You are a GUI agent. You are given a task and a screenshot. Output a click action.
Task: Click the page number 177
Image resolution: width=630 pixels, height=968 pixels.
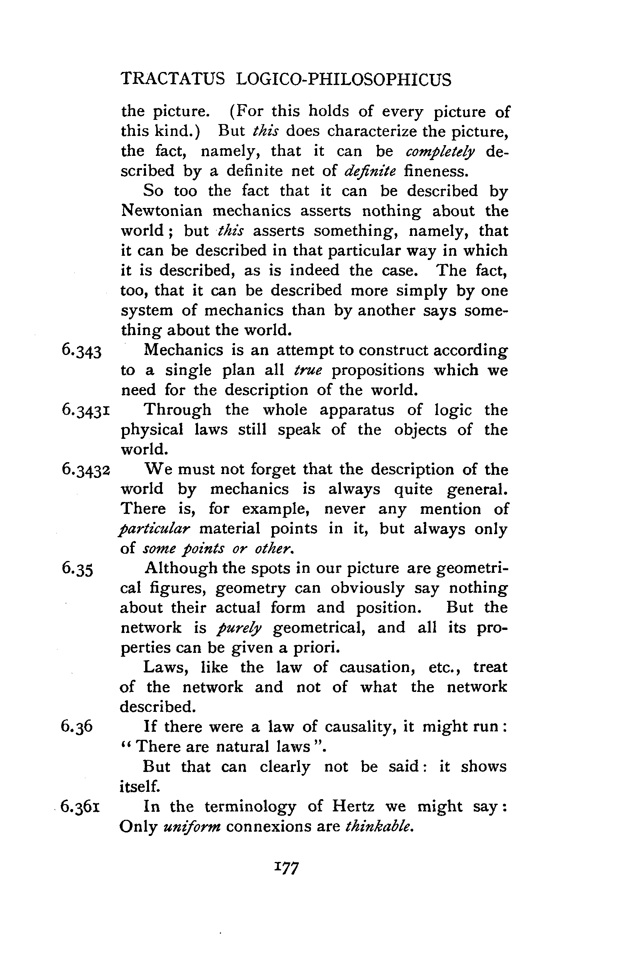pos(287,867)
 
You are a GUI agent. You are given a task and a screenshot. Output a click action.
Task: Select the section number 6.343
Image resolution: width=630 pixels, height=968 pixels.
pos(81,351)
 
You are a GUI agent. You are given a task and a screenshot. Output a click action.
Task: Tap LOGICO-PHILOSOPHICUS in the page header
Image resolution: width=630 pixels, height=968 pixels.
pos(344,79)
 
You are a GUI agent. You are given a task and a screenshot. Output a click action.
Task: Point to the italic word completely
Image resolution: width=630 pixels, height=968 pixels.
pos(440,152)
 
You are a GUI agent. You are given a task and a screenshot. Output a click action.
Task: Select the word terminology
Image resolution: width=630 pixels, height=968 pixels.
pos(250,807)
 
